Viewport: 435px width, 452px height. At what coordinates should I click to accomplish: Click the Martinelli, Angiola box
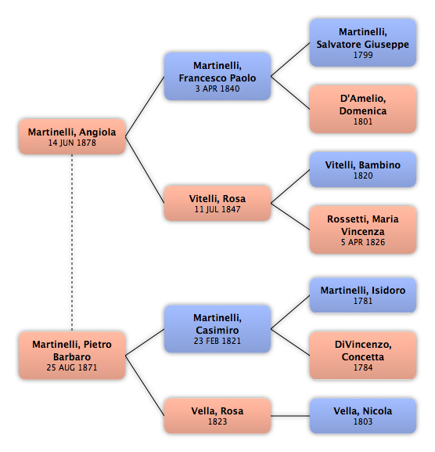[x=72, y=136]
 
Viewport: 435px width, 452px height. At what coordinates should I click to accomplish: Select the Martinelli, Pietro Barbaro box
[x=72, y=355]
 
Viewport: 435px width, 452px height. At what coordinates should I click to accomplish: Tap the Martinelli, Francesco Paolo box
[x=217, y=77]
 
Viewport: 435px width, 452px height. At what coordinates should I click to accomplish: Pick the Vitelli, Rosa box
[x=217, y=203]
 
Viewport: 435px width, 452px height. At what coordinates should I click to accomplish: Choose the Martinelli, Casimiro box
[x=217, y=329]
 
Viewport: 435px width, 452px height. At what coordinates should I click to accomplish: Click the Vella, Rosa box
[x=217, y=416]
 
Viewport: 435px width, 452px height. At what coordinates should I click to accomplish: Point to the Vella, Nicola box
[x=363, y=416]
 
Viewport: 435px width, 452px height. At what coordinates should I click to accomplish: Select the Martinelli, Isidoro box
[x=363, y=295]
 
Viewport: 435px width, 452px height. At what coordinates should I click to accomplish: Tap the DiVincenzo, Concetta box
[x=363, y=355]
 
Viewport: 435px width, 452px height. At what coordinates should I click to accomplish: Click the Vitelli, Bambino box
[x=363, y=169]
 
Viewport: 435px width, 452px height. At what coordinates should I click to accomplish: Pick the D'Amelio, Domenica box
[x=363, y=109]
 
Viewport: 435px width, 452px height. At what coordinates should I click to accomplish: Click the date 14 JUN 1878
[x=72, y=143]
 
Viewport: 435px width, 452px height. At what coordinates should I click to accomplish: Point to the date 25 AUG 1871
[x=72, y=367]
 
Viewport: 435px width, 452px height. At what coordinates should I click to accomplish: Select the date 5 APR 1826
[x=363, y=242]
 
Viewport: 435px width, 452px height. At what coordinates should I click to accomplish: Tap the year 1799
[x=363, y=55]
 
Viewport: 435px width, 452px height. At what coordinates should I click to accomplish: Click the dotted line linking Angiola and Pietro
[x=72, y=243]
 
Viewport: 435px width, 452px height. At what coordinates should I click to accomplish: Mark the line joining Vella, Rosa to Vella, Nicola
[x=290, y=416]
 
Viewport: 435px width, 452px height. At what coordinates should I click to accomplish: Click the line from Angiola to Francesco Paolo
[x=145, y=107]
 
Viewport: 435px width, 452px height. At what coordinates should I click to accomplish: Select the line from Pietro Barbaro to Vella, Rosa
[x=145, y=385]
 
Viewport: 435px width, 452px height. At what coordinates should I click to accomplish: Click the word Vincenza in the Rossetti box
[x=363, y=231]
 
